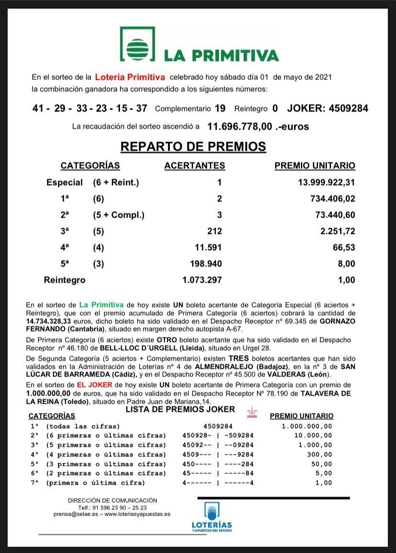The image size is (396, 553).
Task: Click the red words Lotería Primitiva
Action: coord(130,77)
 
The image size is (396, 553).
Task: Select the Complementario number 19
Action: coord(220,109)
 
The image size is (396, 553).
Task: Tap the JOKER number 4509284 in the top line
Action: coord(348,109)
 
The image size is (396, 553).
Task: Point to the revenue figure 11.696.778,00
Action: coord(240,127)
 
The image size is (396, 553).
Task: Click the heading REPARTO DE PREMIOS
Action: coord(193,146)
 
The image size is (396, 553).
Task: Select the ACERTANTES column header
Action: coord(194,166)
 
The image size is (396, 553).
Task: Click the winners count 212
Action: coord(212,232)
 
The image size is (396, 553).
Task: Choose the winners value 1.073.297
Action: coord(202,280)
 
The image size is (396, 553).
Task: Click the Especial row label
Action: coord(64,182)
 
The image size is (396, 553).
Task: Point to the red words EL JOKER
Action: coord(100,385)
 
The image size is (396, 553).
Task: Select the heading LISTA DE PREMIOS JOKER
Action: coord(180,409)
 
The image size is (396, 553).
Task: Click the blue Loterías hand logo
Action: coord(211,511)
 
